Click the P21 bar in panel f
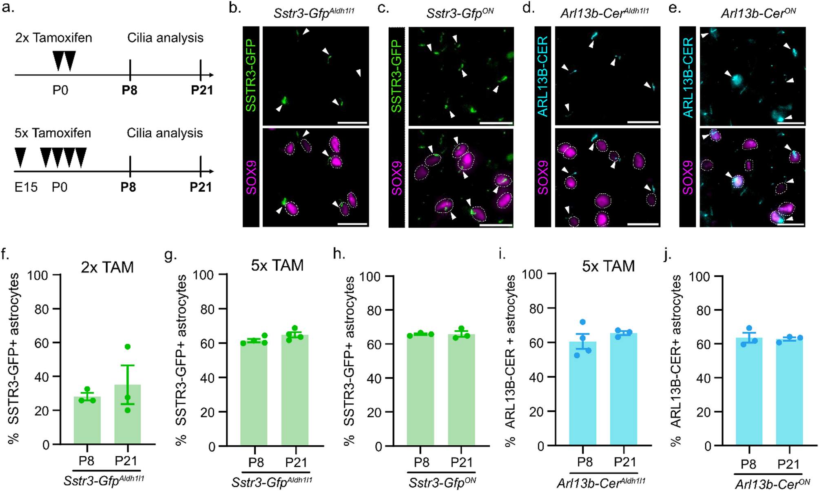coord(128,414)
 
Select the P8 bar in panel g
coord(254,394)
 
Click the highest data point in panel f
coord(128,347)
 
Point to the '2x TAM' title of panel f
coord(107,267)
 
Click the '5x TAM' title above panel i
coord(608,266)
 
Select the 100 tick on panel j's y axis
coord(700,277)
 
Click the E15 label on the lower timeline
coord(26,187)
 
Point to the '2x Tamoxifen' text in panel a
coord(53,38)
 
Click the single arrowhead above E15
coord(20,158)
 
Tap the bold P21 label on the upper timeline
coord(202,90)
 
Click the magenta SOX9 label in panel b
coord(251,178)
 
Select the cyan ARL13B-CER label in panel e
coord(688,77)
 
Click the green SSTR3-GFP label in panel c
coord(396,76)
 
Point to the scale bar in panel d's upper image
coord(643,122)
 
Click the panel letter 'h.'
coord(339,254)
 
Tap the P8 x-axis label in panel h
coord(421,462)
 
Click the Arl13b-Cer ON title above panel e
coord(758,13)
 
